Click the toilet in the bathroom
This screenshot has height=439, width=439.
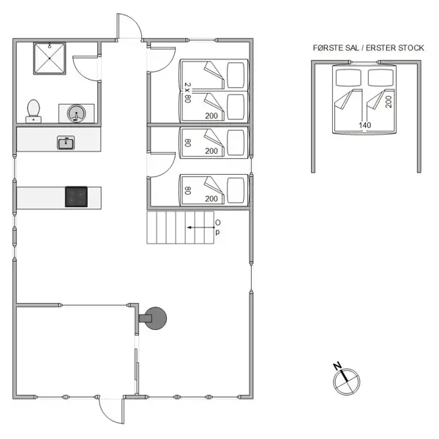pyautogui.click(x=34, y=110)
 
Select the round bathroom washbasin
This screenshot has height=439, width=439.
pyautogui.click(x=76, y=113)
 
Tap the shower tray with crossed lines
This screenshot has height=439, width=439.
pyautogui.click(x=49, y=59)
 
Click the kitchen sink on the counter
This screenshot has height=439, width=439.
pyautogui.click(x=66, y=143)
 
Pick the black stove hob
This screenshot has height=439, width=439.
pyautogui.click(x=76, y=196)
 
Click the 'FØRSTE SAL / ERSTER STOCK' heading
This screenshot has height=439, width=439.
pyautogui.click(x=367, y=48)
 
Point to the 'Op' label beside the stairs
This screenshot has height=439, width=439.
pyautogui.click(x=217, y=227)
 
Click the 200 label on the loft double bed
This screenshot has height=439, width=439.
pyautogui.click(x=389, y=101)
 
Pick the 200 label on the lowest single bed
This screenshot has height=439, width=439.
pyautogui.click(x=212, y=198)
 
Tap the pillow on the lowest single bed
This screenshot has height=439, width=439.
pyautogui.click(x=236, y=190)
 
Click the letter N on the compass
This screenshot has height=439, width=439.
pyautogui.click(x=337, y=366)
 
